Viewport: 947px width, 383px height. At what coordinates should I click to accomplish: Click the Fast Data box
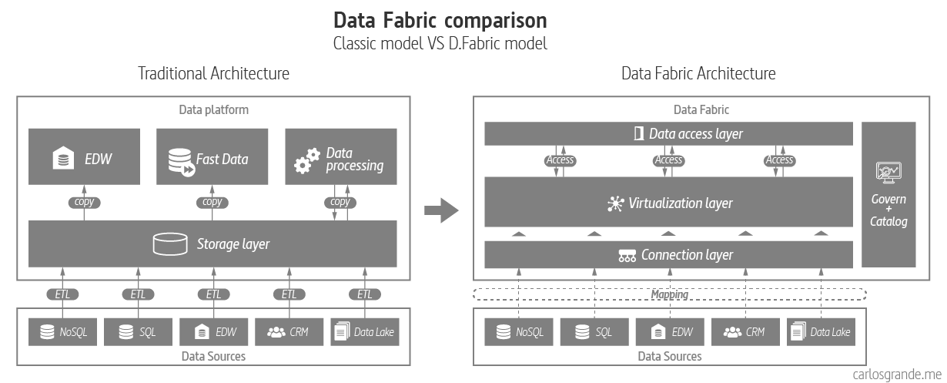pyautogui.click(x=212, y=156)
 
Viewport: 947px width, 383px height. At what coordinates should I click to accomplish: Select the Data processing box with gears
pyautogui.click(x=341, y=156)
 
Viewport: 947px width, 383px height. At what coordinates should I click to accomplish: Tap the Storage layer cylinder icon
pyautogui.click(x=171, y=244)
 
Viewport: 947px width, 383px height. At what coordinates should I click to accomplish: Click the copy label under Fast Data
pyautogui.click(x=212, y=202)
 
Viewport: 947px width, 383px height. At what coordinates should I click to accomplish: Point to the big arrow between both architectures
pyautogui.click(x=443, y=210)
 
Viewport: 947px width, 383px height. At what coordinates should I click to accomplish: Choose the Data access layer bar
pyautogui.click(x=668, y=133)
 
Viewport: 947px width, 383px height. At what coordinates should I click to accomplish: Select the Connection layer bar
pyautogui.click(x=668, y=255)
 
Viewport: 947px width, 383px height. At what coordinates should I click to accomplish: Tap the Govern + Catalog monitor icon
pyautogui.click(x=888, y=172)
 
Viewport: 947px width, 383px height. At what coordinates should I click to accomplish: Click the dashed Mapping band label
pyautogui.click(x=669, y=294)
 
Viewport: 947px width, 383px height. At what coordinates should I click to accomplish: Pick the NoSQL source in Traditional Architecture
pyautogui.click(x=62, y=333)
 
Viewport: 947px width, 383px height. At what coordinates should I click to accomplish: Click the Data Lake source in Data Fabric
pyautogui.click(x=821, y=332)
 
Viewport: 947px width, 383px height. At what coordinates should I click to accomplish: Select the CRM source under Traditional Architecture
pyautogui.click(x=289, y=333)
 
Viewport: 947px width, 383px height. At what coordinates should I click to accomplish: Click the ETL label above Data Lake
pyautogui.click(x=364, y=294)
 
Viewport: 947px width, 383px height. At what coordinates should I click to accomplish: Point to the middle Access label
pyautogui.click(x=668, y=160)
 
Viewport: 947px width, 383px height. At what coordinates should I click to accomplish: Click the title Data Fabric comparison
pyautogui.click(x=440, y=19)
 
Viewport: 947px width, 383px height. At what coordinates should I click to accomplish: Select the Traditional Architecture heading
pyautogui.click(x=213, y=74)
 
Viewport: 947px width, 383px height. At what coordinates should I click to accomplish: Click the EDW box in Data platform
pyautogui.click(x=84, y=156)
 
